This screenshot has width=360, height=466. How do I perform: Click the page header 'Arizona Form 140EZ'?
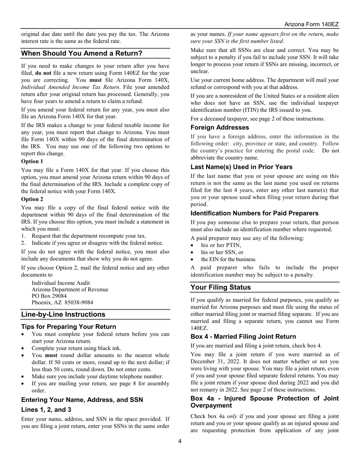coord(311,25)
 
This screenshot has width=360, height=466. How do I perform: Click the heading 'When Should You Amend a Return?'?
coord(81,53)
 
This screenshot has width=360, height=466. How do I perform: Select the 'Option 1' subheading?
coord(32,161)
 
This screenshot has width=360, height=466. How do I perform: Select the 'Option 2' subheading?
coord(32,199)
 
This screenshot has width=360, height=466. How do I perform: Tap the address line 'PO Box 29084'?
coord(49,296)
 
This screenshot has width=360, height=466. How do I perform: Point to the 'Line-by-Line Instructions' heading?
coord(63,314)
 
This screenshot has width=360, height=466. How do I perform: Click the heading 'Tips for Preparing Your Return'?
coord(69,327)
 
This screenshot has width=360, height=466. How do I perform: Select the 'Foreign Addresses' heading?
coord(220,128)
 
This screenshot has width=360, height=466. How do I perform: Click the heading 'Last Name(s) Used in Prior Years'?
coord(241,167)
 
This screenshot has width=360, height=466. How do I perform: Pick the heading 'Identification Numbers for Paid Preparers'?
coord(254,213)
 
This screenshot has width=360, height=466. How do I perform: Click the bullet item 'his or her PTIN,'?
coord(221,245)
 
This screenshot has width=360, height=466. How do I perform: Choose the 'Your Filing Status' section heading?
coord(221,287)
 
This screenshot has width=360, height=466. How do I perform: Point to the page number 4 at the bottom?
coord(180,441)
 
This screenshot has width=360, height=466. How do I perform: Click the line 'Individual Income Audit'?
coord(61,283)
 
